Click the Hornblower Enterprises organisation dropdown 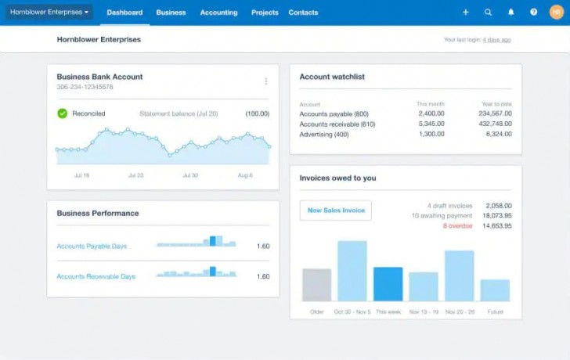tap(49, 13)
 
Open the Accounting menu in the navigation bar tap(218, 13)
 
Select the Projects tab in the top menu tap(265, 13)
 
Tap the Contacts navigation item tap(303, 13)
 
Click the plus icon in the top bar tap(466, 13)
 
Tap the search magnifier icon tap(489, 13)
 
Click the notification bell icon tap(511, 13)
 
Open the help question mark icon tap(534, 13)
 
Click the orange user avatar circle tap(557, 13)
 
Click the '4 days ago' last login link tap(496, 39)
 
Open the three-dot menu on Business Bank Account tap(266, 81)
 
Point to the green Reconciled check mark tap(63, 113)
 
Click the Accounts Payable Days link tap(92, 247)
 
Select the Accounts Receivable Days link tap(96, 276)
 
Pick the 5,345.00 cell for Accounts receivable tap(431, 124)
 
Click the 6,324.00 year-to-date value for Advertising tap(499, 134)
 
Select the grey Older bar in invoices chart tap(316, 285)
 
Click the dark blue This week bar tap(388, 284)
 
